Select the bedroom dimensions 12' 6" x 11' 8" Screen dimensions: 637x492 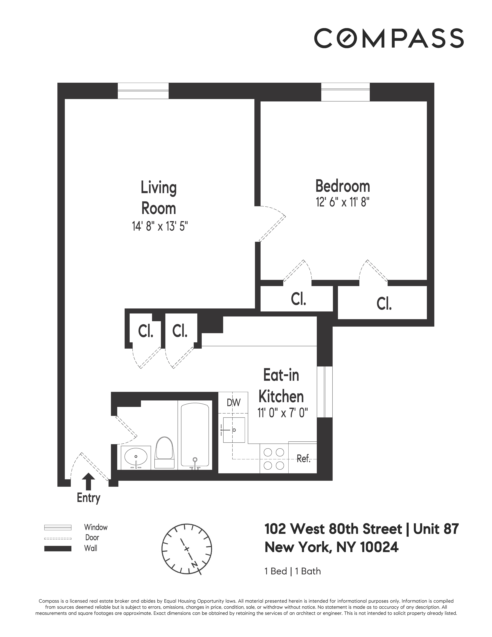343,202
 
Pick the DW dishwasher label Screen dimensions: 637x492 233,402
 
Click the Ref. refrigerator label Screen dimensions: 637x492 303,459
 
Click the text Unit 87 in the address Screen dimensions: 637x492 436,529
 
